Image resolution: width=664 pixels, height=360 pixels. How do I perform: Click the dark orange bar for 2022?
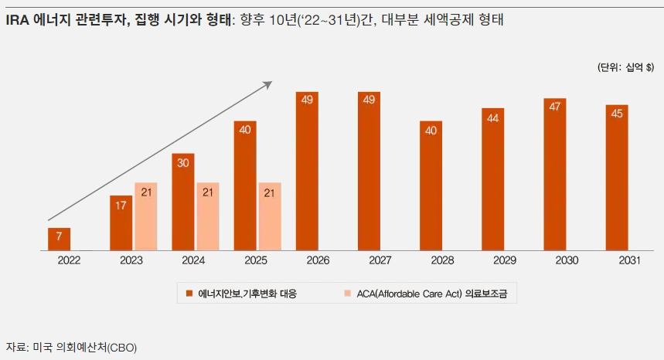pos(59,239)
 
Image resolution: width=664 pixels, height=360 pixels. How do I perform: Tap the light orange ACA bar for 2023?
pos(145,216)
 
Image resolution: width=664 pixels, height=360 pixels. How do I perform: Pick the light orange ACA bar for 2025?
pos(270,216)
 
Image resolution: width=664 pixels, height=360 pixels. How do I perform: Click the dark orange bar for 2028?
pos(431,185)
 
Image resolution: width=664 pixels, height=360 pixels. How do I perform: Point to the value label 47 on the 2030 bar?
pos(555,107)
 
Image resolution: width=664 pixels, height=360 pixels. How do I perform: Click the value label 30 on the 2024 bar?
pos(182,163)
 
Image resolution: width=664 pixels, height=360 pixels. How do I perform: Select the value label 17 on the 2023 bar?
pos(121,205)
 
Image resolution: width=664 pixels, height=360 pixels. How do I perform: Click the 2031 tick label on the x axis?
pos(628,261)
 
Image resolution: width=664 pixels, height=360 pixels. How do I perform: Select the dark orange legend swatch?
pos(189,294)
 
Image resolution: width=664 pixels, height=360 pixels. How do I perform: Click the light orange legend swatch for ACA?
pos(347,294)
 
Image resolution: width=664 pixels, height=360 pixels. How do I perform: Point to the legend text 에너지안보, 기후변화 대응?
pos(247,294)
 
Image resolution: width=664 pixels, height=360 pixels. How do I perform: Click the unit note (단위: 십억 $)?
pos(625,68)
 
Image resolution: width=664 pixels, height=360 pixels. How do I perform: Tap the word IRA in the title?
pos(19,21)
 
